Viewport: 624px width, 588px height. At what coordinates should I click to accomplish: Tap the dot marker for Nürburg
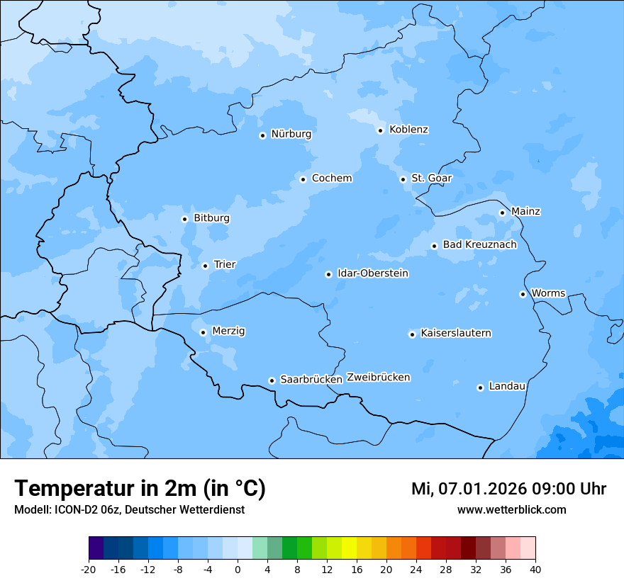coord(262,135)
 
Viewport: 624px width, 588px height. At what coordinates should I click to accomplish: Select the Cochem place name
coord(332,179)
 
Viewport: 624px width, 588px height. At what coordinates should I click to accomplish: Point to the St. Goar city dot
coord(403,179)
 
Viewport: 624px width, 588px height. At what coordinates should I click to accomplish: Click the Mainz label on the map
coord(525,212)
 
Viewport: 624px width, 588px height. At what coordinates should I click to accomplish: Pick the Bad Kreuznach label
coord(479,245)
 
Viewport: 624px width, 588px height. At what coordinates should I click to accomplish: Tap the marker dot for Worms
coord(523,294)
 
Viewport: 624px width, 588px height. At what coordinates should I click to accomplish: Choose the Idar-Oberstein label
coord(373,273)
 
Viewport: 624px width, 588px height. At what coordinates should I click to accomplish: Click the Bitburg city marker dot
coord(184,219)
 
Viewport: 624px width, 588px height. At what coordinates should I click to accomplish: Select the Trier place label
coord(225,265)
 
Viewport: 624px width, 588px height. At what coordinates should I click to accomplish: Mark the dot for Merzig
coord(203,332)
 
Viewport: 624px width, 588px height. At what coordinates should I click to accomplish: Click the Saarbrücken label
coord(311,380)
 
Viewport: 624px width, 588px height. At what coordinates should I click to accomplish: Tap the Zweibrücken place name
coord(378,378)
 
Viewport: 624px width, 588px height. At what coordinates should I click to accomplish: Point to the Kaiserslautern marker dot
coord(412,334)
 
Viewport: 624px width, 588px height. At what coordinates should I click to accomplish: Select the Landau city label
coord(507,387)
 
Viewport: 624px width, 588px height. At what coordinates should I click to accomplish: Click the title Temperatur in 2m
coord(140,489)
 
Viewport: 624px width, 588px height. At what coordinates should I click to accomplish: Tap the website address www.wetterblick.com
coord(511,510)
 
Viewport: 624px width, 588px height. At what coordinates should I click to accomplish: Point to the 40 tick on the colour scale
coord(535,569)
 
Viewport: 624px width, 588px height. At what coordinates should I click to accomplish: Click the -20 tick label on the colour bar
coord(89,569)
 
